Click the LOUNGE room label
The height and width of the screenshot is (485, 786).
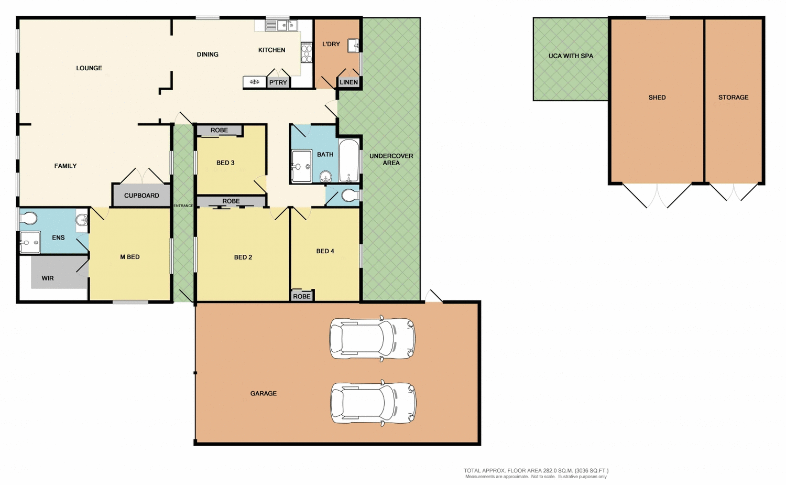pyautogui.click(x=89, y=68)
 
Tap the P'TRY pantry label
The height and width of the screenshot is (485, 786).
pyautogui.click(x=278, y=82)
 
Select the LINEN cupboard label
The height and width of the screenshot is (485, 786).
pyautogui.click(x=348, y=82)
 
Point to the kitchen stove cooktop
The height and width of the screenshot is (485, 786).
pyautogui.click(x=307, y=53)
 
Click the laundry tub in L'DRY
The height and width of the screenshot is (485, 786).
pyautogui.click(x=354, y=45)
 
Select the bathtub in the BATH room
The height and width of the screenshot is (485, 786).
pyautogui.click(x=349, y=160)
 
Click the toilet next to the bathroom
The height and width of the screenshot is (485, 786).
pyautogui.click(x=350, y=196)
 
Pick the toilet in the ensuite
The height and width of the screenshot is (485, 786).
pyautogui.click(x=29, y=218)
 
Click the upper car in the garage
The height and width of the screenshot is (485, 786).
pyautogui.click(x=373, y=338)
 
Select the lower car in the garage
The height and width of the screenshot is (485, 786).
pyautogui.click(x=373, y=403)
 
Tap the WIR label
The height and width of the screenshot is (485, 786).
pyautogui.click(x=48, y=278)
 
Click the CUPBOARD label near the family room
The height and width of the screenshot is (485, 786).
pyautogui.click(x=141, y=196)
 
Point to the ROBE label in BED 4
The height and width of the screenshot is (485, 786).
pyautogui.click(x=302, y=296)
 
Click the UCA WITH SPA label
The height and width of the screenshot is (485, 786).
pyautogui.click(x=571, y=56)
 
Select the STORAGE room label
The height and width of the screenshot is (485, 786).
pyautogui.click(x=733, y=98)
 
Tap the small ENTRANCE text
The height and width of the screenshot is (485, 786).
pyautogui.click(x=183, y=206)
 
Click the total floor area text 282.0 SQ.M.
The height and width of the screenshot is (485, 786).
pyautogui.click(x=536, y=471)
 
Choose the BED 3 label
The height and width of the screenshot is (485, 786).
pyautogui.click(x=225, y=163)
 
